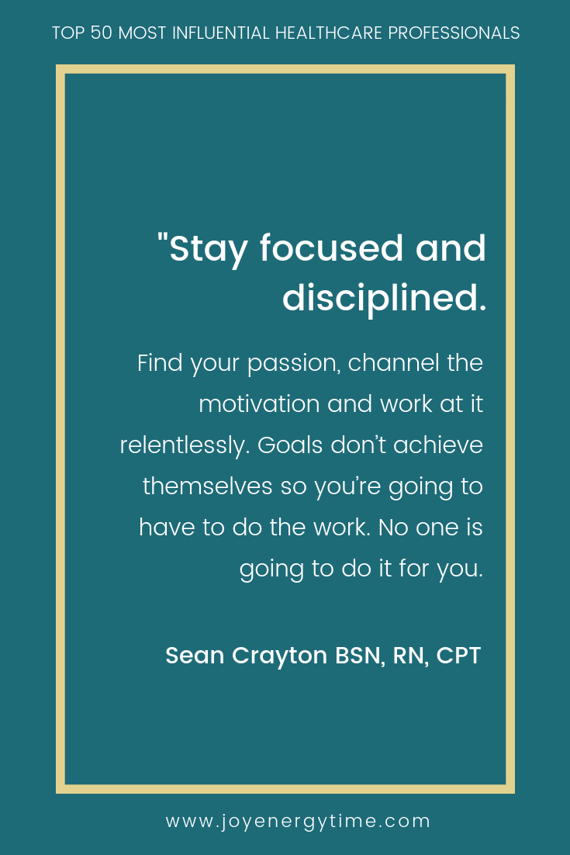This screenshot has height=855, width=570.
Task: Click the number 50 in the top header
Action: tap(101, 33)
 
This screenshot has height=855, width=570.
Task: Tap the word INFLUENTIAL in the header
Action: tap(221, 33)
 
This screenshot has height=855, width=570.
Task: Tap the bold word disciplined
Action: tap(384, 299)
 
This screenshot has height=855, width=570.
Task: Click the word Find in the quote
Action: tap(160, 363)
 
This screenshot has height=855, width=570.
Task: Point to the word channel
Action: tap(393, 362)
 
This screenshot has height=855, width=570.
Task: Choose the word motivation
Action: tap(259, 404)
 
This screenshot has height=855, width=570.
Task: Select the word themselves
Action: tap(207, 486)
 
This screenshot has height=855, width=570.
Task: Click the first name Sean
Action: tap(195, 656)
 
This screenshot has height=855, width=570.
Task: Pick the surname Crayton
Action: tap(279, 656)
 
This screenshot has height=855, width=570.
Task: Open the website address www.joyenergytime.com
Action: tap(298, 822)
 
